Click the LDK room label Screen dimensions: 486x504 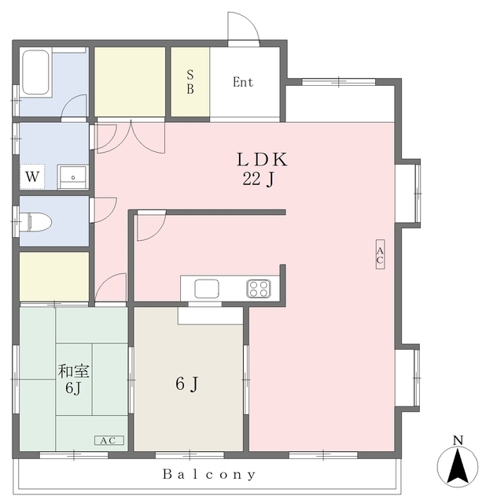coord(262,160)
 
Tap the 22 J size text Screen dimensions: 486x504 coord(259,179)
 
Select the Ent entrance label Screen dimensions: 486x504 coord(243,82)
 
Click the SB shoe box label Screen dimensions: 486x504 coord(190,82)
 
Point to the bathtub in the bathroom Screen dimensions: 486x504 coord(35,72)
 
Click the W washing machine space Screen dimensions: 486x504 coord(32,176)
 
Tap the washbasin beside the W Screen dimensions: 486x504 coord(72,176)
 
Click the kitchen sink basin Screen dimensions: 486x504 coord(207,289)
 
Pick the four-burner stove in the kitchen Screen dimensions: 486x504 coord(259,288)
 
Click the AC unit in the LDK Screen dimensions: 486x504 coord(380,254)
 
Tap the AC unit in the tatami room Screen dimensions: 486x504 coord(109,440)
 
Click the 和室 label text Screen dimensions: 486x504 coord(73,371)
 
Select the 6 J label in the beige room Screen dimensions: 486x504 coord(187,384)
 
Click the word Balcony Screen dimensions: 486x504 coord(209,474)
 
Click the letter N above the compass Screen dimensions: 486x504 coord(458,440)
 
